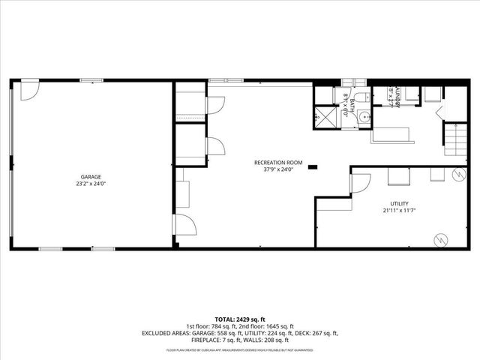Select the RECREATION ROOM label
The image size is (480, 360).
pos(277,163)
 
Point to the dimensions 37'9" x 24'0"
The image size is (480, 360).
pos(277,170)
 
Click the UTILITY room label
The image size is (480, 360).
pos(399,204)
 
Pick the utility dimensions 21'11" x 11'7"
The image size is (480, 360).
pos(399,211)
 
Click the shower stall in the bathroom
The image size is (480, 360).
pos(325,118)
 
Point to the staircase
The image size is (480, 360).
pos(451,139)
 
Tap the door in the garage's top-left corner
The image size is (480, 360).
pos(28,90)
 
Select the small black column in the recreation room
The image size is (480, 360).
pos(313,166)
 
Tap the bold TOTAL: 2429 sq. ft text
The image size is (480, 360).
pos(240,319)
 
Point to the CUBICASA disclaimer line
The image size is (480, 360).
pos(240,350)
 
